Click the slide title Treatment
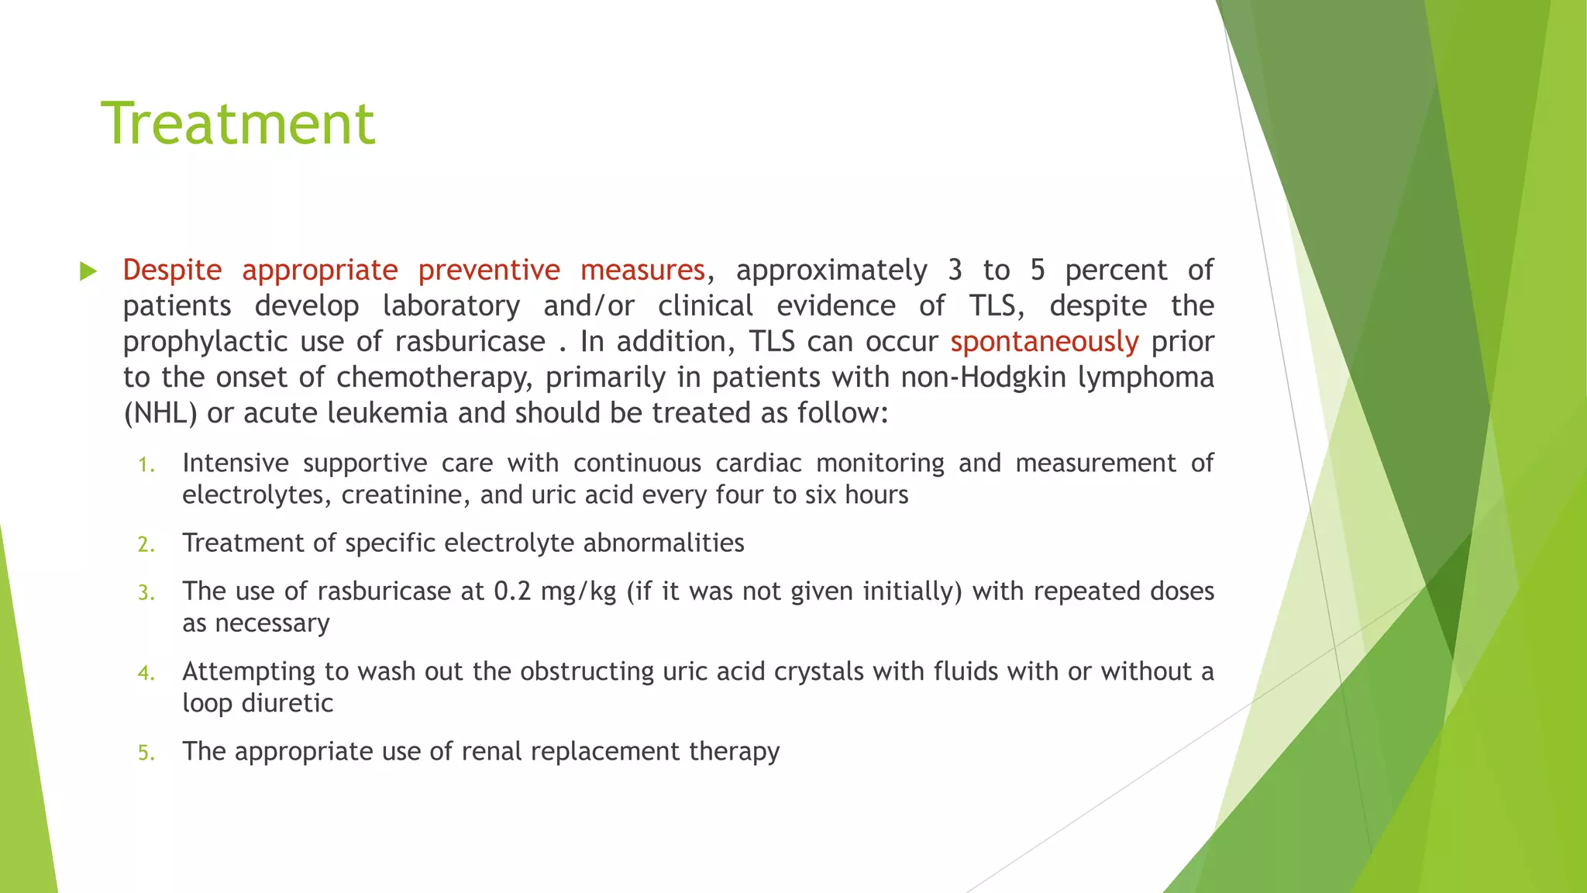(238, 123)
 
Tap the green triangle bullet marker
(88, 271)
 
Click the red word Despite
(172, 270)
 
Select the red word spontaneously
(1044, 342)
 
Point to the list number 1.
(146, 465)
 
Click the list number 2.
(146, 545)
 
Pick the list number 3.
(146, 593)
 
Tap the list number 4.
(146, 673)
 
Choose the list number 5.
(146, 753)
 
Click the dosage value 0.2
(512, 591)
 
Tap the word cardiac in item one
(759, 464)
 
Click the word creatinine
(405, 495)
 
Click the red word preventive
(488, 270)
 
